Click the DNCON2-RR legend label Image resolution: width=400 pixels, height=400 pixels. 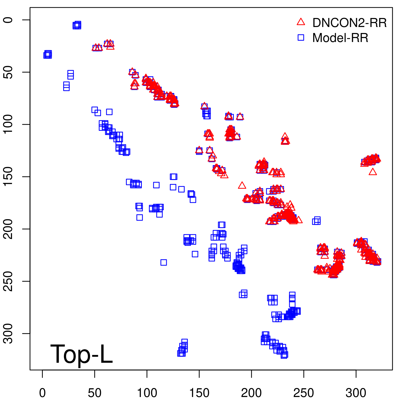[x=349, y=23]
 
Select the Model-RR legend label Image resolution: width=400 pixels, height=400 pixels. [x=340, y=38]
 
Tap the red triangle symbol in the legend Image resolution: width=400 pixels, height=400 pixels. [x=301, y=22]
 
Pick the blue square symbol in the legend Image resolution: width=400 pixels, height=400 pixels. [x=301, y=37]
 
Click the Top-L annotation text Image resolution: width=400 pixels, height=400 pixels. [x=81, y=354]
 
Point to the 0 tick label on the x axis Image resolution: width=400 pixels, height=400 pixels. [x=42, y=393]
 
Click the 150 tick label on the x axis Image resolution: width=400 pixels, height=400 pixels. [x=199, y=393]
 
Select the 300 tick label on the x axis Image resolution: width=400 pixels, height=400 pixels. [x=356, y=393]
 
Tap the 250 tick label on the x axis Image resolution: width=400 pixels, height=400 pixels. [x=303, y=393]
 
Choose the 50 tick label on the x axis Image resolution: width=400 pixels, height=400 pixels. [x=95, y=393]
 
